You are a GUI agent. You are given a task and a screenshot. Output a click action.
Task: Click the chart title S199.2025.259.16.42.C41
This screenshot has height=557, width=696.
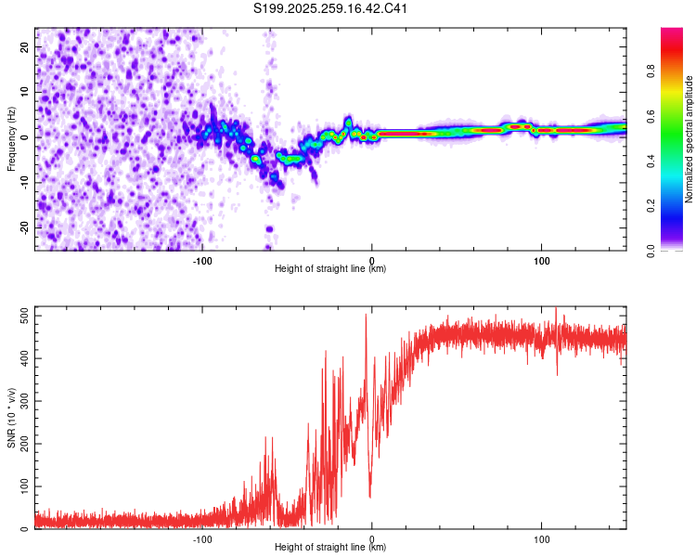331,9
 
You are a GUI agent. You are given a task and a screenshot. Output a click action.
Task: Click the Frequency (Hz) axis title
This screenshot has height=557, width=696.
12,139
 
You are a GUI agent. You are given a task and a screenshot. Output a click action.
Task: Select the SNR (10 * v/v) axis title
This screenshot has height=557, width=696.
12,418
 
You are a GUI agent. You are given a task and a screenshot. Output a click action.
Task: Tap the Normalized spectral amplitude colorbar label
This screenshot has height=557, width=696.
690,139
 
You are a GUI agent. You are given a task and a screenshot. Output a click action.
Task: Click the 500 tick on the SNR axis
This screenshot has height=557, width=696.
21,317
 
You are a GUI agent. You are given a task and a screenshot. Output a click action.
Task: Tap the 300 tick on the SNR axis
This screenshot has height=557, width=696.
21,401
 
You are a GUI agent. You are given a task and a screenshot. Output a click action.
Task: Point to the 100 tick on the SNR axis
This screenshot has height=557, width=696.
21,486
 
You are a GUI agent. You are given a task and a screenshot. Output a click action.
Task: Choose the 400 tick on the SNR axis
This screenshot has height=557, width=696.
21,359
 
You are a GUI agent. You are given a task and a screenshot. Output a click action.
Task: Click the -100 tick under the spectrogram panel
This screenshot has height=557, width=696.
202,261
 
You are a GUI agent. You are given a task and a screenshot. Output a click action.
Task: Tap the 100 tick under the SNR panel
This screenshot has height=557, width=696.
541,539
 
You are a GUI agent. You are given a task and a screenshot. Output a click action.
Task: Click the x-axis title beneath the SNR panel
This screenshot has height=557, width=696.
330,549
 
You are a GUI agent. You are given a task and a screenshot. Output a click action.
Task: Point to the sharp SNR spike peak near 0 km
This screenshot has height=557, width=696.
366,315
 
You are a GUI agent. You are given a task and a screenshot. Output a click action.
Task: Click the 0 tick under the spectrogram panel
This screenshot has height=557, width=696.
372,261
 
